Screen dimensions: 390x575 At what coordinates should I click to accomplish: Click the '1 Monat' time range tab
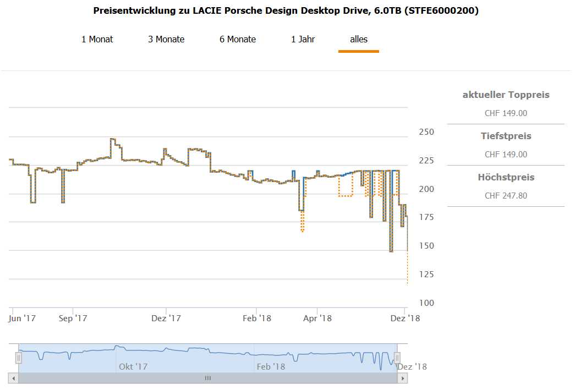click(x=97, y=39)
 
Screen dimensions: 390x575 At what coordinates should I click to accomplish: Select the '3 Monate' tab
click(x=166, y=39)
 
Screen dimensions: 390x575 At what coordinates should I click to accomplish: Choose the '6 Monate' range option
click(x=238, y=39)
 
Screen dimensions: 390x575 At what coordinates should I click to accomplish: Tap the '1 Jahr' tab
click(x=303, y=39)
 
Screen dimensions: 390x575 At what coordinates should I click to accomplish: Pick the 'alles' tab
click(x=359, y=39)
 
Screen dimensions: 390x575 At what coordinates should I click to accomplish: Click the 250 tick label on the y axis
click(x=426, y=132)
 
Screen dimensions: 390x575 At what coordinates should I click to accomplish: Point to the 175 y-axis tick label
click(x=426, y=218)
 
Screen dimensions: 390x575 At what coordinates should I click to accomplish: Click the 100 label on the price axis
click(x=426, y=303)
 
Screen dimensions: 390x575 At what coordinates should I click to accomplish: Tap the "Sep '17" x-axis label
click(x=73, y=318)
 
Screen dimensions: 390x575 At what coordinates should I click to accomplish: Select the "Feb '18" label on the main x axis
click(x=257, y=318)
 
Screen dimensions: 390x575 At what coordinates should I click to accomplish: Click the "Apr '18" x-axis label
click(x=317, y=318)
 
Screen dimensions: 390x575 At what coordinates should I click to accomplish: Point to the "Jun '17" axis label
click(x=22, y=318)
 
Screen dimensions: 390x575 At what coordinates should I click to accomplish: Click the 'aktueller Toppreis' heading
click(x=506, y=95)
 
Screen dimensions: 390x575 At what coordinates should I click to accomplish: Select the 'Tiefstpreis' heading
click(x=506, y=136)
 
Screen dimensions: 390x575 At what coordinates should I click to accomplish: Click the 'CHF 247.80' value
click(x=506, y=196)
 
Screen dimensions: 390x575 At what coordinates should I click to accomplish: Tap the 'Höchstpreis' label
click(x=506, y=177)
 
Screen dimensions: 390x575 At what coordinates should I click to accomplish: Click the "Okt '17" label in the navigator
click(x=133, y=366)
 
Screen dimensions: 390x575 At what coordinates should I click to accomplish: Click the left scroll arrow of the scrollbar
click(x=13, y=378)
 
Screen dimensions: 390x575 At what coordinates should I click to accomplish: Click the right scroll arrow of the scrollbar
click(x=403, y=378)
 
